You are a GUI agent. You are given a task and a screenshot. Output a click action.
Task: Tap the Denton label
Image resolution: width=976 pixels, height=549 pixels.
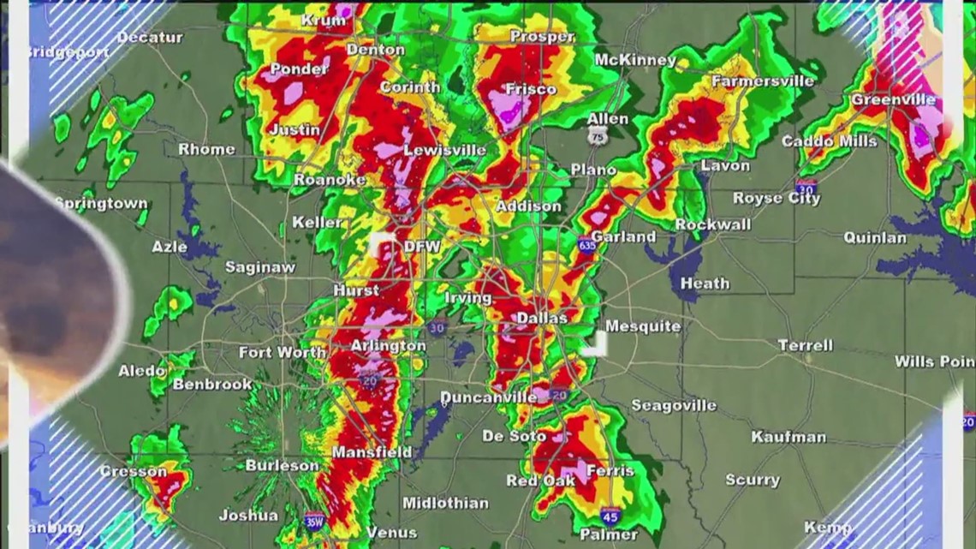coord(374,51)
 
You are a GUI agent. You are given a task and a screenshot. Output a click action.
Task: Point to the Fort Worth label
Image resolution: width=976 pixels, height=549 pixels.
coord(282,352)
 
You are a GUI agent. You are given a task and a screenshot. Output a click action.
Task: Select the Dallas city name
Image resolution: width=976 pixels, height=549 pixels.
coord(542,318)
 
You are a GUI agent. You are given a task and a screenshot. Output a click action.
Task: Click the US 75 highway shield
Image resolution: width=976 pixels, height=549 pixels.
coord(598,134)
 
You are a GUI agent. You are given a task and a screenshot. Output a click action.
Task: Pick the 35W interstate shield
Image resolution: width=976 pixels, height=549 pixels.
coord(314,520)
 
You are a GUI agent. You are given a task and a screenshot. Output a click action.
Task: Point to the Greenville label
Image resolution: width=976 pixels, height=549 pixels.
coord(893,100)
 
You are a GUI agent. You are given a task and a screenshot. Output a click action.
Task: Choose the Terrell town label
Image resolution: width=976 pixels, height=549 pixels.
coord(805,345)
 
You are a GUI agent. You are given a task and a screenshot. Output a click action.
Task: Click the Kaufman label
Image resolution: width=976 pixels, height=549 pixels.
coord(789,437)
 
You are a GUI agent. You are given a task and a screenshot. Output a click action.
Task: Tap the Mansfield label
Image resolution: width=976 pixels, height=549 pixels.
coord(372,452)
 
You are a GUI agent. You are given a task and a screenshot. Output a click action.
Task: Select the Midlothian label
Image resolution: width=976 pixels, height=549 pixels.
coord(445,503)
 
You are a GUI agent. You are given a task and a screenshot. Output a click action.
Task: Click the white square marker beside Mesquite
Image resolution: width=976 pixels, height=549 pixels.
coord(596,343)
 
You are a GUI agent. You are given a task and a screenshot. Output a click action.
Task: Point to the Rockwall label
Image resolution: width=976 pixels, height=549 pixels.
coord(713,224)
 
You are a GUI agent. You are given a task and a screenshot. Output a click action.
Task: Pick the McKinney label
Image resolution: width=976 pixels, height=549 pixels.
coord(635,60)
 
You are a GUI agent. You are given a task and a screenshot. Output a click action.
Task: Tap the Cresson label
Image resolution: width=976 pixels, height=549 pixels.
coord(134,471)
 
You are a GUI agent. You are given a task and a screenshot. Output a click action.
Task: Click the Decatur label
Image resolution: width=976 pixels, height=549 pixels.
coord(150,38)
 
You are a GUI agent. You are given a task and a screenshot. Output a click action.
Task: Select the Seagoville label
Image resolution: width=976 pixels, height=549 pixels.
coord(674,405)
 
